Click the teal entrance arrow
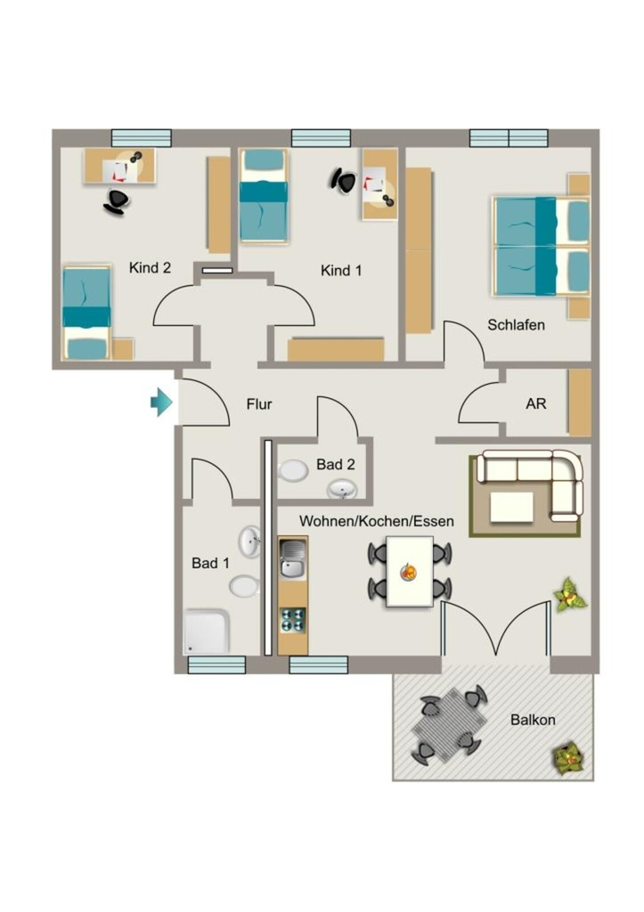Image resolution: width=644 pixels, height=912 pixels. point(162,402)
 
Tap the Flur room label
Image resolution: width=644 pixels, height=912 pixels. point(259,403)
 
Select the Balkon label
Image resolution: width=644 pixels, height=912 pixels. point(533,720)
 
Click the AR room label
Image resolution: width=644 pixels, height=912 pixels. point(536,403)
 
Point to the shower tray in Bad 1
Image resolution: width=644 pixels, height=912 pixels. point(206,631)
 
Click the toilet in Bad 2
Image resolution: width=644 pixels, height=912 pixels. point(293,470)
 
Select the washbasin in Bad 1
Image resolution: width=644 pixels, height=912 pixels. point(249,541)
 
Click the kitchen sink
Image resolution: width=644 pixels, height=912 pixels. point(293,558)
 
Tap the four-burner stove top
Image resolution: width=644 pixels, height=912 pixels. point(293,619)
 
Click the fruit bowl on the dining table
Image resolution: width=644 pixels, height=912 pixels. point(408,572)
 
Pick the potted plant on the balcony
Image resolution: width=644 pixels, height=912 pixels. point(567,757)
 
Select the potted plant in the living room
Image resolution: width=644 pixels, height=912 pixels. point(568,594)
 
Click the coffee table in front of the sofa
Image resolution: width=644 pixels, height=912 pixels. point(512,507)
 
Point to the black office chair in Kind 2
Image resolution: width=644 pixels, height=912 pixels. point(116,202)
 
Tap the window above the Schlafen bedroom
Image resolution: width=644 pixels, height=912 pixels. point(509,138)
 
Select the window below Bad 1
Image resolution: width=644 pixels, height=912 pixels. point(216,664)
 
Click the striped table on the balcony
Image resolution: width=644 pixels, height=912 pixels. point(450,724)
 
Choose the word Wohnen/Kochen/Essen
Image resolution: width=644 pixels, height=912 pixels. point(377,520)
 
